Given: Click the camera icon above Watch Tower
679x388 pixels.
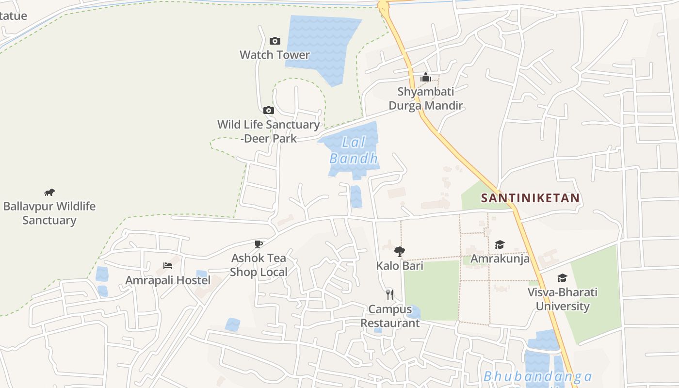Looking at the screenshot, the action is [x=275, y=41].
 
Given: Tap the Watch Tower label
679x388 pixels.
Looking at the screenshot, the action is [x=275, y=55].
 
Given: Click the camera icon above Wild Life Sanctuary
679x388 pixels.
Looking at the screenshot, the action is [x=269, y=111].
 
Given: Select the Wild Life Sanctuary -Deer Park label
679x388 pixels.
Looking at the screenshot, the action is [x=269, y=131].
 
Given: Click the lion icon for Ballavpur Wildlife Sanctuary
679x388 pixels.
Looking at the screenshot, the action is [x=49, y=193].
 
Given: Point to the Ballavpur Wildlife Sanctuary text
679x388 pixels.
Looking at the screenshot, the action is [x=49, y=213].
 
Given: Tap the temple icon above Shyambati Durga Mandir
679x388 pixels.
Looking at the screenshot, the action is [x=426, y=77].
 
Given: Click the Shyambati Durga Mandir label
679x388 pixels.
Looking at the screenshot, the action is [x=426, y=98].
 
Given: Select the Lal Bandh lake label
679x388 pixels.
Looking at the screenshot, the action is [x=354, y=150].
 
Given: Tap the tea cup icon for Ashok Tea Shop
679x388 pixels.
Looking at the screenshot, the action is [x=259, y=244].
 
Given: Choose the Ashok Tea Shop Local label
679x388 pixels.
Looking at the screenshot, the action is [x=259, y=265].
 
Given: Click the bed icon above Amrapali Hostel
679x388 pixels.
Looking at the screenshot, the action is [x=168, y=266].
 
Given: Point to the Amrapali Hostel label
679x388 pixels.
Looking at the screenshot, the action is [x=168, y=280].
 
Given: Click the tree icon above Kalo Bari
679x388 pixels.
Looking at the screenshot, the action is [x=400, y=251].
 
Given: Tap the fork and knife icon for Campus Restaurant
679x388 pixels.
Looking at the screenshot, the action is [x=389, y=294].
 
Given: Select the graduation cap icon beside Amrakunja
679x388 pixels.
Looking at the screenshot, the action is [x=500, y=245].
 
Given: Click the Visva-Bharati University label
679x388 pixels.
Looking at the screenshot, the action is [x=563, y=299].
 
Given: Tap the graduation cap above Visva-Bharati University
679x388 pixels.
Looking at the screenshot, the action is [x=563, y=278].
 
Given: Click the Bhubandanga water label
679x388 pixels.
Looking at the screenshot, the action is [x=537, y=377].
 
